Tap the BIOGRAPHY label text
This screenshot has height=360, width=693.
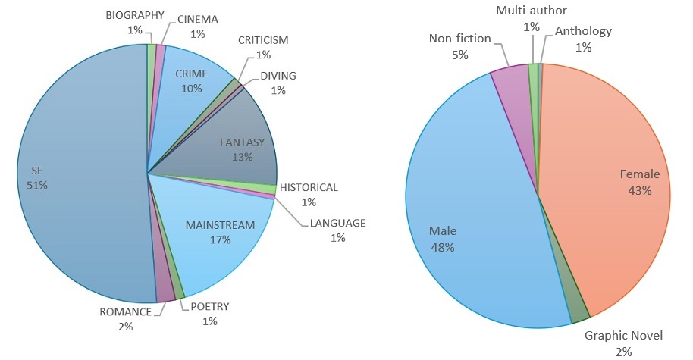click(x=135, y=15)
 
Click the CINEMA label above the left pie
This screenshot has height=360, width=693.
click(x=198, y=19)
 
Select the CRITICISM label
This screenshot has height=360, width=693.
click(x=263, y=39)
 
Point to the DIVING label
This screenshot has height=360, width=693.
click(x=278, y=75)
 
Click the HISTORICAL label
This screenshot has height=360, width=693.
click(x=309, y=187)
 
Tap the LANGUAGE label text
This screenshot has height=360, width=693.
click(x=337, y=223)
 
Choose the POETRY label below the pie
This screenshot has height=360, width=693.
click(x=210, y=306)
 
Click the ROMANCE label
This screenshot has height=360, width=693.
click(x=125, y=311)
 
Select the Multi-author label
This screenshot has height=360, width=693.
click(x=532, y=11)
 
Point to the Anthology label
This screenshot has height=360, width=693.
click(x=583, y=30)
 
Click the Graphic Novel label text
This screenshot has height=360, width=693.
click(x=624, y=335)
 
